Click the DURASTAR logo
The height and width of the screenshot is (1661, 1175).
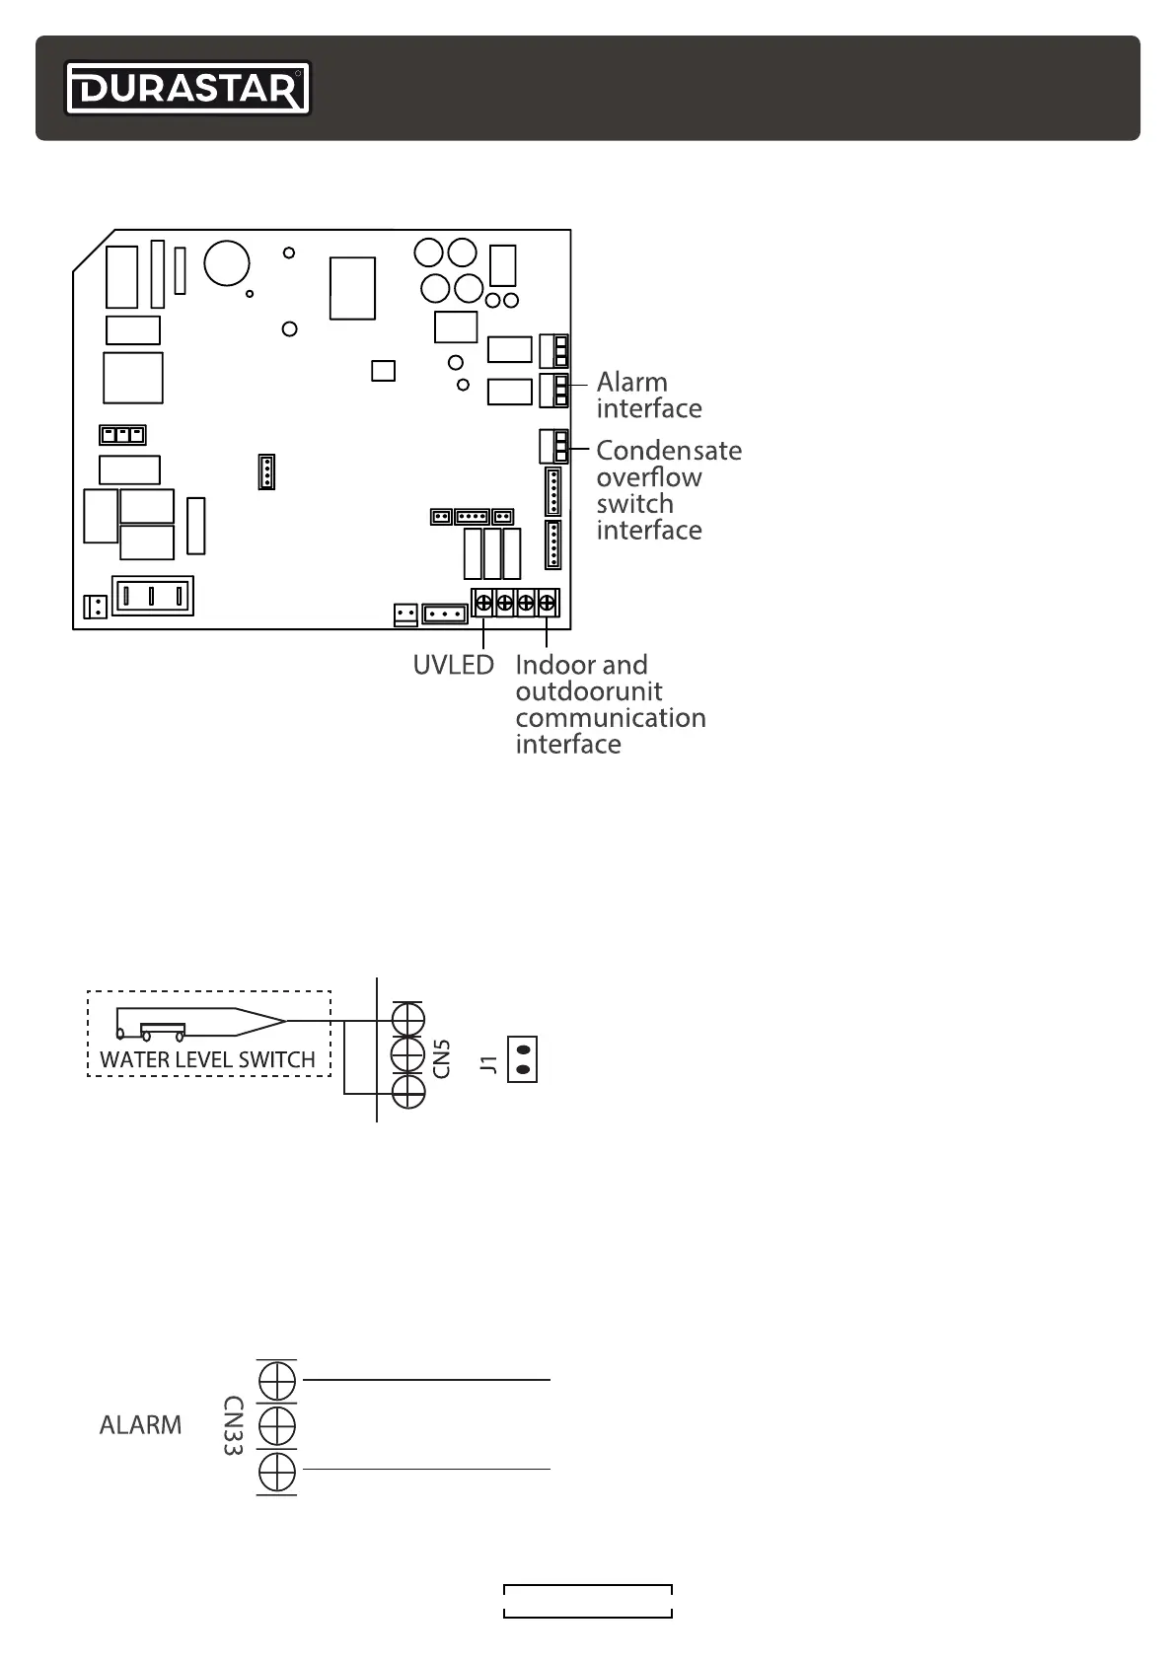click(x=187, y=89)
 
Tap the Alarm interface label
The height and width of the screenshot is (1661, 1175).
click(x=648, y=395)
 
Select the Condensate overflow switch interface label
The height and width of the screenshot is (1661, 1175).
click(x=668, y=489)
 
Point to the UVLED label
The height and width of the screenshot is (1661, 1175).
click(x=453, y=665)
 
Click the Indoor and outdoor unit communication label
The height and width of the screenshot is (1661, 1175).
click(x=610, y=704)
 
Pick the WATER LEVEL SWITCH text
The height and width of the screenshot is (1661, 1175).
click(x=207, y=1060)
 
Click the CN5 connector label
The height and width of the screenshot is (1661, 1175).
click(x=443, y=1057)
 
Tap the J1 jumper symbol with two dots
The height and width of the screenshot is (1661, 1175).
click(x=523, y=1058)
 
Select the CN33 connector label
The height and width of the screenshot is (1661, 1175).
click(x=233, y=1426)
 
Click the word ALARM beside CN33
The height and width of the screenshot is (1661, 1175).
click(x=140, y=1425)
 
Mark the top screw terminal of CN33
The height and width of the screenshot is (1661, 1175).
click(x=277, y=1380)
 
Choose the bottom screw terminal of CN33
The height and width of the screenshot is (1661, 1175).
click(x=277, y=1472)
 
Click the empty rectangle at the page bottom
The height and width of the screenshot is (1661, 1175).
click(x=588, y=1601)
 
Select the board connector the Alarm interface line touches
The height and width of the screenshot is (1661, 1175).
click(x=554, y=390)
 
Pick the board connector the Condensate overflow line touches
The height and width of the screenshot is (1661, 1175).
click(x=554, y=447)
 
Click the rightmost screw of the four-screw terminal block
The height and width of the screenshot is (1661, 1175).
click(x=547, y=602)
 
